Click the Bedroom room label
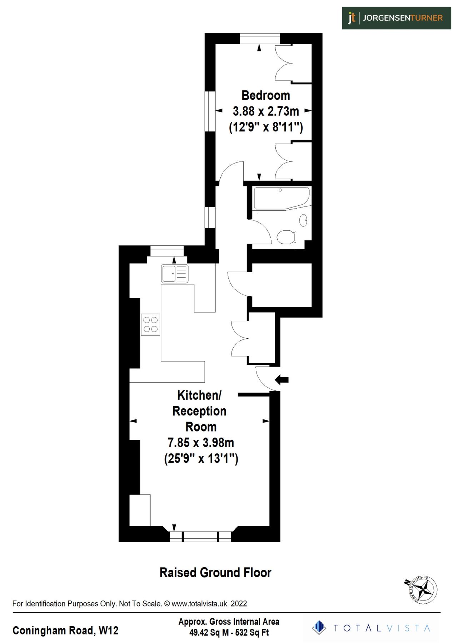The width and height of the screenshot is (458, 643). [x=265, y=95]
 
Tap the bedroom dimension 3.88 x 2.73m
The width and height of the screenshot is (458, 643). [x=265, y=111]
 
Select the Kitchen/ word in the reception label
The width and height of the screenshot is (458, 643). [x=199, y=395]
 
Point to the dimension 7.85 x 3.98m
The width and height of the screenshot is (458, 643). [x=201, y=443]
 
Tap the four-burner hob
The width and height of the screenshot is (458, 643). [x=150, y=324]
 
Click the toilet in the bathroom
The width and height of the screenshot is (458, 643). [x=286, y=236]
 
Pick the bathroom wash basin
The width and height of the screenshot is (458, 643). [x=303, y=220]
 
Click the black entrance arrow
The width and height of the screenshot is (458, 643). [x=282, y=379]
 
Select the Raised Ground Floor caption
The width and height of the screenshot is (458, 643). [x=215, y=573]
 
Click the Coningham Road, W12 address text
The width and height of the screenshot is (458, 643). [x=65, y=630]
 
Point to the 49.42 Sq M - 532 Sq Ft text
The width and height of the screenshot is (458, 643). [x=229, y=633]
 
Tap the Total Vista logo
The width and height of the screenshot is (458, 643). [x=372, y=628]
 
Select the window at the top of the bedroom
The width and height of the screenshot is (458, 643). [x=260, y=38]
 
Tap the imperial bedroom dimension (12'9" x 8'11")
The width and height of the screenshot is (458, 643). [x=265, y=127]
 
